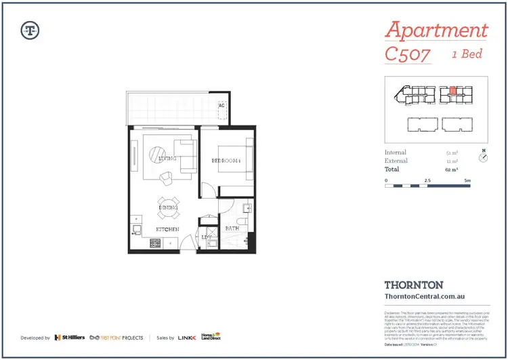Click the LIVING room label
pyautogui.click(x=167, y=159)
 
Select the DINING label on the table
pyautogui.click(x=169, y=207)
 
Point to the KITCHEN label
pyautogui.click(x=169, y=230)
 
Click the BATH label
pyautogui.click(x=232, y=229)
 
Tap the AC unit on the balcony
pyautogui.click(x=221, y=106)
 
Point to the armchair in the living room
pyautogui.click(x=167, y=178)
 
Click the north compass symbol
pyautogui.click(x=483, y=158)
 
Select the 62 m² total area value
pyautogui.click(x=450, y=169)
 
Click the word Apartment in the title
pyautogui.click(x=436, y=31)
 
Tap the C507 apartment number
pyautogui.click(x=407, y=54)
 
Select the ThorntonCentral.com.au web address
pyautogui.click(x=423, y=296)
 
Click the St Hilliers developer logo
pyautogui.click(x=70, y=337)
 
